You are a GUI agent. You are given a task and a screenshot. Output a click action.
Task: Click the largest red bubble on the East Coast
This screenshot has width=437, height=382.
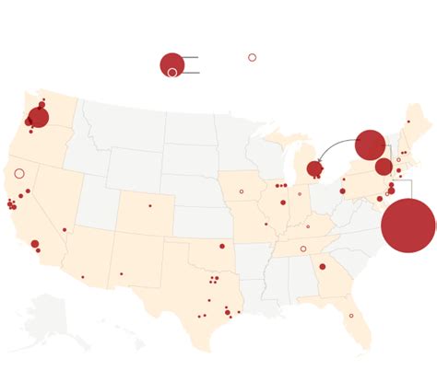point(407,226)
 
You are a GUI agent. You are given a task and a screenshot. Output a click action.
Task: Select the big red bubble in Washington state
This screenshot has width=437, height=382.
point(38,117)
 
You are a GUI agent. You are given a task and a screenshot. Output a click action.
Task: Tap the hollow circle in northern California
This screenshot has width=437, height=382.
point(19,173)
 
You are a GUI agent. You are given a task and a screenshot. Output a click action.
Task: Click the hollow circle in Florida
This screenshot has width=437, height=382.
point(350,316)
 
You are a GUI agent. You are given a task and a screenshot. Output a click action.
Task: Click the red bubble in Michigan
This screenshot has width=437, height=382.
point(314,168)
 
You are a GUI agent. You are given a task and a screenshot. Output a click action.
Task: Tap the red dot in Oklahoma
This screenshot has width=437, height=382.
point(222,246)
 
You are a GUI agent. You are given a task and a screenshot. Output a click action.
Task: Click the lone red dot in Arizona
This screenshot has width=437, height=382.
point(82,276)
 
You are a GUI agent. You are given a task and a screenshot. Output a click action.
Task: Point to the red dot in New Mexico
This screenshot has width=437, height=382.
point(121,273)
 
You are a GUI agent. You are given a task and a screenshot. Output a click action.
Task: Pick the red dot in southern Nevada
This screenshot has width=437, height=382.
point(65,229)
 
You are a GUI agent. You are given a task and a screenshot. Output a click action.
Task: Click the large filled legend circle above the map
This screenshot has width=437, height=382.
point(171,64)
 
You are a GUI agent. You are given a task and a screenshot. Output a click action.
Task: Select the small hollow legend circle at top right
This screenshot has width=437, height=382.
point(252,57)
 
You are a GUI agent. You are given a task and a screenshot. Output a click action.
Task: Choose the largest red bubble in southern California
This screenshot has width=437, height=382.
point(34,244)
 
